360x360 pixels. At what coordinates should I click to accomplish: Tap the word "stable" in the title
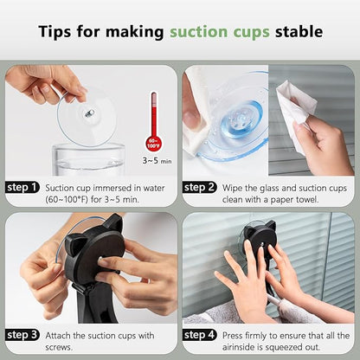(x=299, y=31)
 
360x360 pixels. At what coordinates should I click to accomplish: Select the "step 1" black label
(x=22, y=188)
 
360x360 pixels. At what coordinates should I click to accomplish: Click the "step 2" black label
(x=199, y=188)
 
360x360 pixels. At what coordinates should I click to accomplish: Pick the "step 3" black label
(x=22, y=335)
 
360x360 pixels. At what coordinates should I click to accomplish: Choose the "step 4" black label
(x=199, y=335)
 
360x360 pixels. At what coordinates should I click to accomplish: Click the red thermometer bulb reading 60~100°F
(x=154, y=144)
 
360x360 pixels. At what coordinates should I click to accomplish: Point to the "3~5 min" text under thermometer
(x=157, y=160)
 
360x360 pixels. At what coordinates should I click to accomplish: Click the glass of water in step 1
(x=88, y=159)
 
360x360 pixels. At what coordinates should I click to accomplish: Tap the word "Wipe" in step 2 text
(x=233, y=189)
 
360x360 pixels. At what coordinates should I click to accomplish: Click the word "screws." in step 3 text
(x=59, y=347)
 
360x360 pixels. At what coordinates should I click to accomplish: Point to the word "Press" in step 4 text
(x=232, y=336)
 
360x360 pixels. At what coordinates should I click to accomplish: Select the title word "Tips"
(x=55, y=32)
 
